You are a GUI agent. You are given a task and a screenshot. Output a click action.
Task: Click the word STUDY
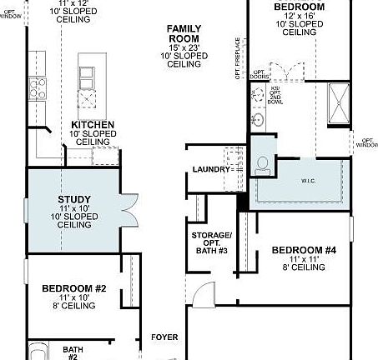click(74, 199)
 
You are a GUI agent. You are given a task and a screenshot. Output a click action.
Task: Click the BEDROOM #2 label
click(74, 288)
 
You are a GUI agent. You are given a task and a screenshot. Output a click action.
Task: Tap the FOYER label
click(164, 337)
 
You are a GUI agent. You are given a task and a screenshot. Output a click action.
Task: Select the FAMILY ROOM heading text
click(184, 33)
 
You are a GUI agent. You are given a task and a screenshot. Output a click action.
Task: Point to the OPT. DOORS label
click(259, 77)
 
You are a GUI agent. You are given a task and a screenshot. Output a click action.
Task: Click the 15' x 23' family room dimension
click(184, 47)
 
